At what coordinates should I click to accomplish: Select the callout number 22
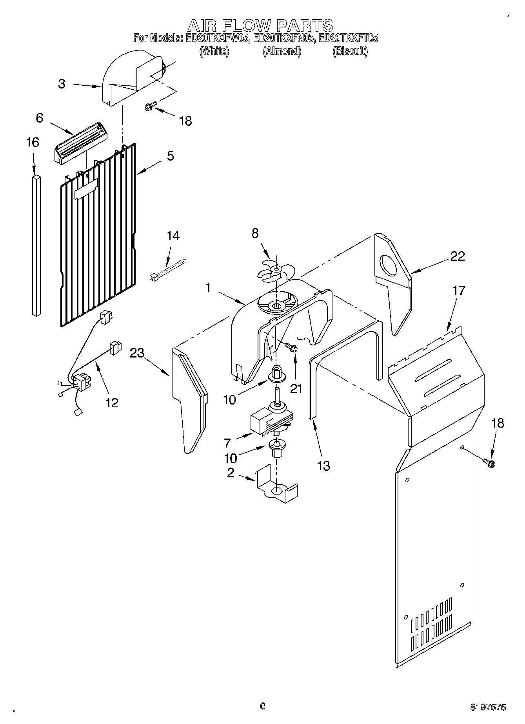[x=458, y=256]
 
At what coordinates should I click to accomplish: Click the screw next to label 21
[x=291, y=347]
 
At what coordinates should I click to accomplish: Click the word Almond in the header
[x=282, y=51]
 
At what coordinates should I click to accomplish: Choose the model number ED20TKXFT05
[x=348, y=38]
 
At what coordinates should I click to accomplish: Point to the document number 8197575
[x=488, y=707]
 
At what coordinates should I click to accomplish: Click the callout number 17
[x=459, y=291]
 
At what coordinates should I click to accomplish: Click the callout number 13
[x=324, y=466]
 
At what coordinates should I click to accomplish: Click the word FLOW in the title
[x=247, y=26]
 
